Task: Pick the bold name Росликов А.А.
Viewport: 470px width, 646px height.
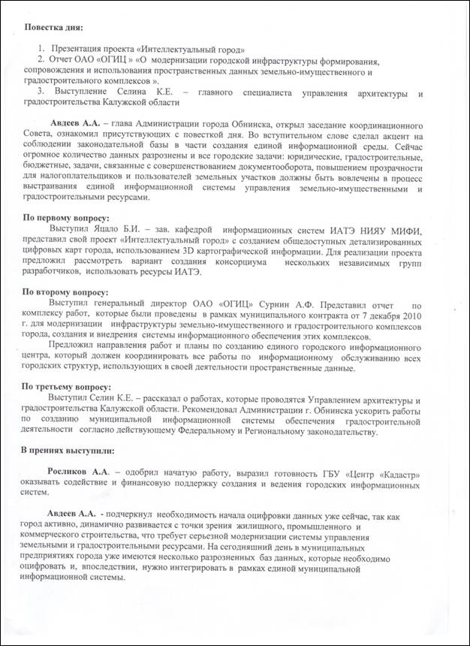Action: click(80, 471)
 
